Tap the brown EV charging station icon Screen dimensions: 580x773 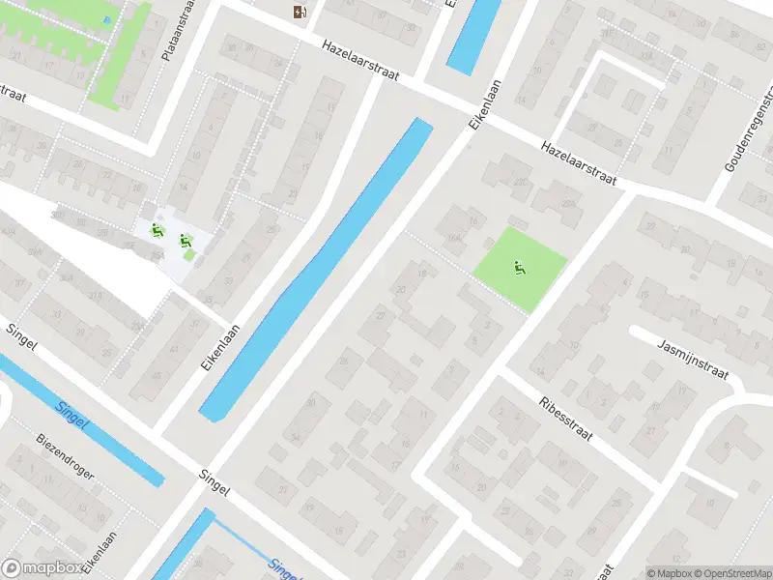point(301,12)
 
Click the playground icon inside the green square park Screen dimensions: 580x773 point(520,267)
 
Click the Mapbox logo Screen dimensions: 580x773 point(41,568)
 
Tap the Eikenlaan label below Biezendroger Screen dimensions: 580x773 point(100,552)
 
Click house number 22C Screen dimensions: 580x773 point(520,183)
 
